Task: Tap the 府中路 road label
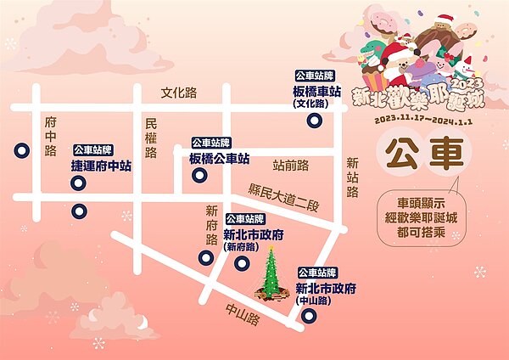point(51,137)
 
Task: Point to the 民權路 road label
point(151,138)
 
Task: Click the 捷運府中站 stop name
point(102,166)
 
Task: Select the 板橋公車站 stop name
point(219,159)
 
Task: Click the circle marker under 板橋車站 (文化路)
point(315,121)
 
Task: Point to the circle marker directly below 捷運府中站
point(79,211)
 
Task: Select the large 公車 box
point(423,155)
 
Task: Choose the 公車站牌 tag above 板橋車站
point(316,76)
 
